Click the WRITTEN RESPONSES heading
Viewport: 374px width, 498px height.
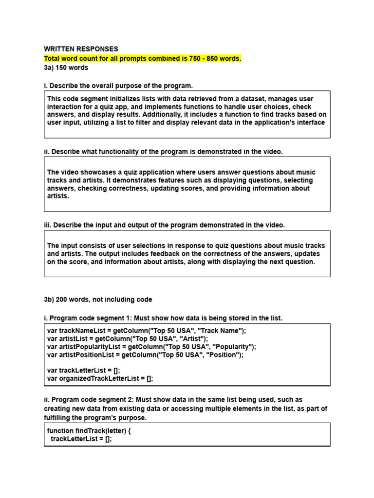(81, 49)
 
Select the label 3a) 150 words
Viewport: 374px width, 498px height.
(66, 68)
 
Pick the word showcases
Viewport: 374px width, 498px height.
(95, 172)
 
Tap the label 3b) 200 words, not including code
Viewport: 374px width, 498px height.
(98, 300)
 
